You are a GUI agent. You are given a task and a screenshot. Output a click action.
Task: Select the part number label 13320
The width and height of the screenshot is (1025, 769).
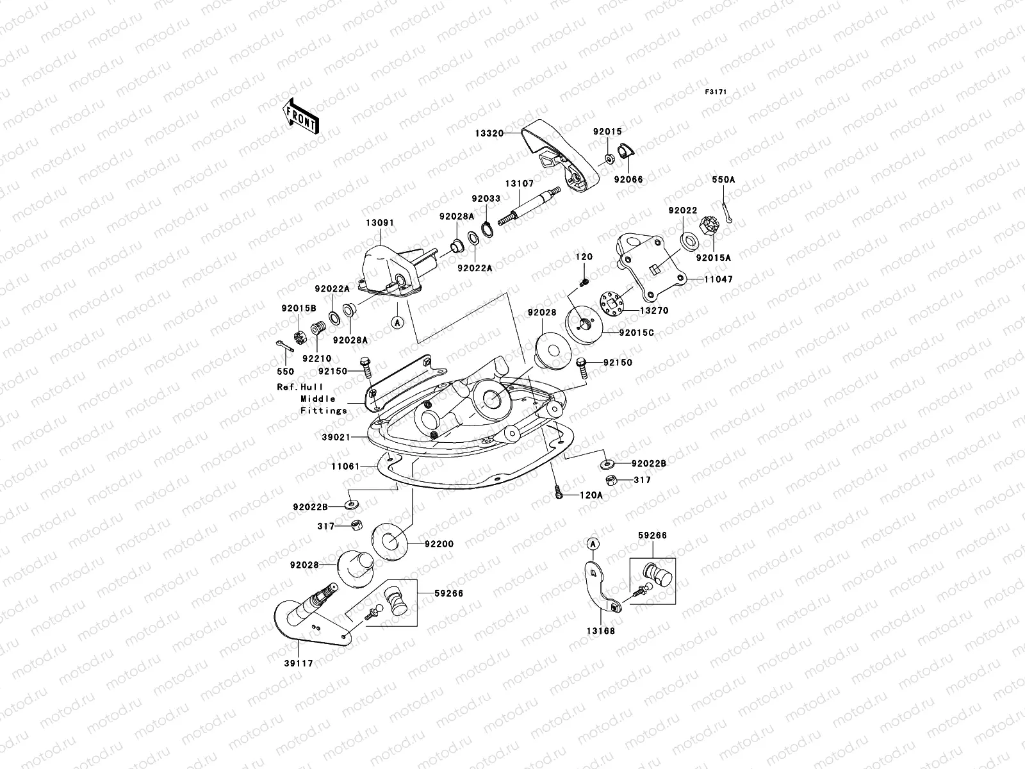click(489, 133)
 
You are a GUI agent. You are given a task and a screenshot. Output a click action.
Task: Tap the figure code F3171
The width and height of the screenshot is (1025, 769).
click(717, 92)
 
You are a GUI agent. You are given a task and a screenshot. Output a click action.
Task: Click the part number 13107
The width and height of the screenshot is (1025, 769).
click(519, 183)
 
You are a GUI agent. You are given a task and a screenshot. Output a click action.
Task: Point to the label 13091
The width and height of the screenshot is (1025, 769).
click(380, 223)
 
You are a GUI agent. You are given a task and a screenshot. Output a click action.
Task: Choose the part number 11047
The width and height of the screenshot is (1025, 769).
click(719, 280)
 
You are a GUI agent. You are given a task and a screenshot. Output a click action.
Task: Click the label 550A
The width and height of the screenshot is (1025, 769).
click(723, 180)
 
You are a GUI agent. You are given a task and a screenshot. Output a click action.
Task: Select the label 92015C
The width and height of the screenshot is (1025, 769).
click(637, 333)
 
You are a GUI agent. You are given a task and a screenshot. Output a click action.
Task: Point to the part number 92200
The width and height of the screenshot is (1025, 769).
click(439, 544)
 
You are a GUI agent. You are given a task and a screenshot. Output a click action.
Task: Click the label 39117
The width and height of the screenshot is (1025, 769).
click(299, 663)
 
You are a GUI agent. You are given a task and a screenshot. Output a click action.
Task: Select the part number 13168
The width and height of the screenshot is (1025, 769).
click(601, 631)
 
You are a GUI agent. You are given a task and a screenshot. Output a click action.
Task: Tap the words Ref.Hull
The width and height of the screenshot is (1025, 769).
click(300, 387)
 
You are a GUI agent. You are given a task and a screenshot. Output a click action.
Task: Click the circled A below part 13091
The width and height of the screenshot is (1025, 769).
click(397, 324)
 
